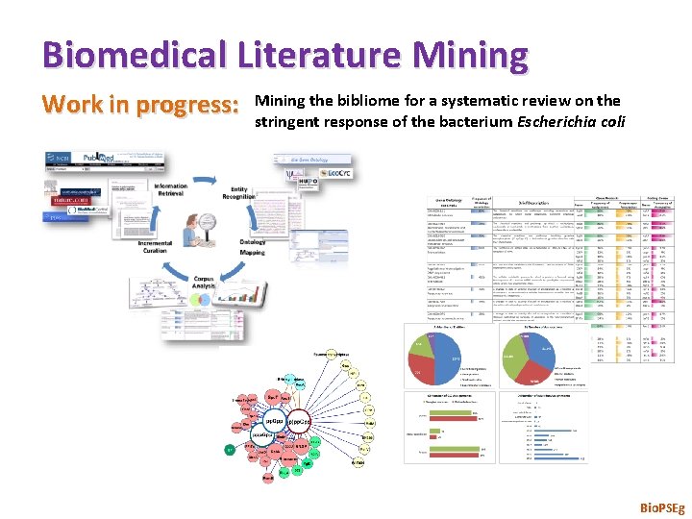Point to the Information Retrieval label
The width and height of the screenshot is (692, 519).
tap(170, 189)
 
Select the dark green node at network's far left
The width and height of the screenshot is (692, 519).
tap(230, 449)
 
